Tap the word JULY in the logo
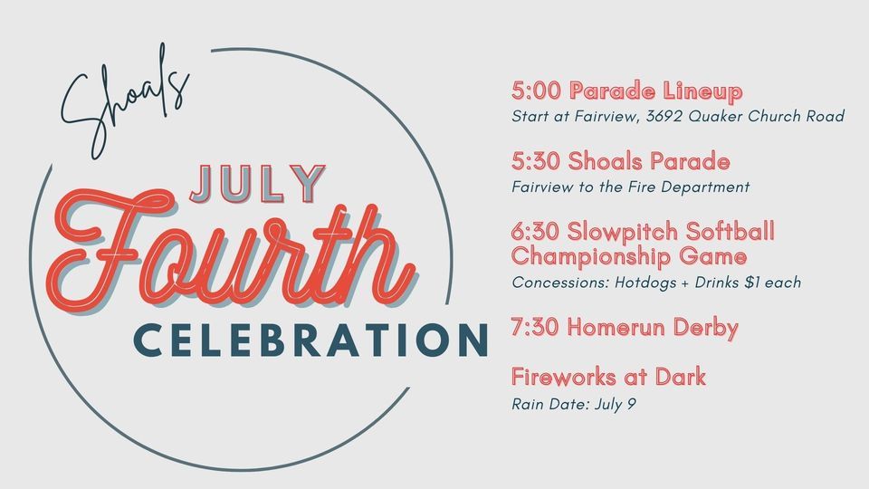pyautogui.click(x=257, y=185)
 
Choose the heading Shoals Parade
pyautogui.click(x=650, y=162)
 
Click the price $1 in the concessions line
pyautogui.click(x=749, y=283)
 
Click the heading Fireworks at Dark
pyautogui.click(x=608, y=378)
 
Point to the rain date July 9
pyautogui.click(x=617, y=403)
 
